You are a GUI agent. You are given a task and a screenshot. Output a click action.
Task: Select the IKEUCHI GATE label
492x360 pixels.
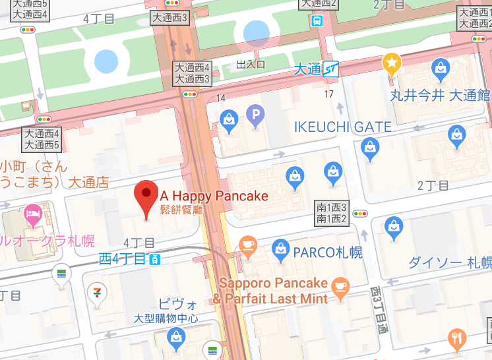pyautogui.click(x=342, y=127)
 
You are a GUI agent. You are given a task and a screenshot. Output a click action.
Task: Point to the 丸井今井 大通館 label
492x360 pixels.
pyautogui.click(x=440, y=96)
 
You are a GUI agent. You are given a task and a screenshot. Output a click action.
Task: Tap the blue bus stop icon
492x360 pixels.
pyautogui.click(x=317, y=20)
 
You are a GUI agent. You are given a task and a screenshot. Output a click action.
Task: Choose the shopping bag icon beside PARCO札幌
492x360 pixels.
pyautogui.click(x=280, y=250)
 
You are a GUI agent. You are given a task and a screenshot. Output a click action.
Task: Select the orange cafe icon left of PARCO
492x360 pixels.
pyautogui.click(x=248, y=246)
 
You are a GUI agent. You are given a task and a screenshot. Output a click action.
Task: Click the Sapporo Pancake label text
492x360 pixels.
pyautogui.click(x=274, y=283)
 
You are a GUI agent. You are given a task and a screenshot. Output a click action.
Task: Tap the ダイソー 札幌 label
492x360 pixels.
pyautogui.click(x=449, y=262)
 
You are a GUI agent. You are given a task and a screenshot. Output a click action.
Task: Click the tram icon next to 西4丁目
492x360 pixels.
pyautogui.click(x=154, y=259)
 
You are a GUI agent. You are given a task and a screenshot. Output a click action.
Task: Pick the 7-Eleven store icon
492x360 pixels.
pyautogui.click(x=96, y=291)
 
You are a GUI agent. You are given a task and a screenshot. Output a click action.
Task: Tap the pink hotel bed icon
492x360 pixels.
pyautogui.click(x=32, y=213)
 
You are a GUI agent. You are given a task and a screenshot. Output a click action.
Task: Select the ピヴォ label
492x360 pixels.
pyautogui.click(x=178, y=305)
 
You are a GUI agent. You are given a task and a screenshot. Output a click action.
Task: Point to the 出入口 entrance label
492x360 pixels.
pyautogui.click(x=250, y=65)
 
